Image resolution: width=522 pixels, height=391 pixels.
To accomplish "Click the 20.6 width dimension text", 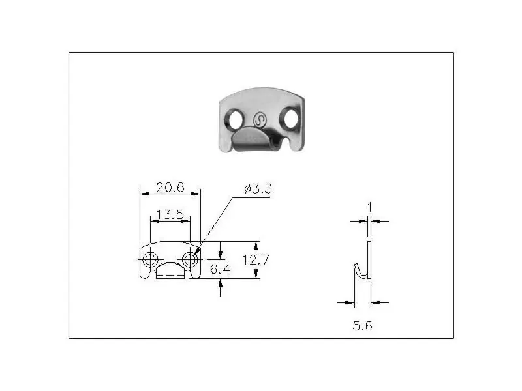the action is pos(170,188).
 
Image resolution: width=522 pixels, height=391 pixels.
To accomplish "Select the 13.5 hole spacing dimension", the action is pos(170,214).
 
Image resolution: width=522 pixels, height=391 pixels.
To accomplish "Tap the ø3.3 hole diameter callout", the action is pos(258,189).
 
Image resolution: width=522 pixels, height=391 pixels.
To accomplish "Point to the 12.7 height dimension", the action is pos(255,259).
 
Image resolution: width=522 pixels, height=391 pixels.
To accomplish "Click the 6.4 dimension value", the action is pos(220,269).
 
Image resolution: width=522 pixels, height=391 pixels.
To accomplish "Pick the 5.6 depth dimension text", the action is pos(362,326).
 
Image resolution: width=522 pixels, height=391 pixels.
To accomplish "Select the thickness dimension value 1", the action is pos(369,207).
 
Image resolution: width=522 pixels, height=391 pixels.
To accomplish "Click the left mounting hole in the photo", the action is pos(236,119).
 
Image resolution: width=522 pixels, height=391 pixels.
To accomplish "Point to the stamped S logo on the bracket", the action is pos(260,120).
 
